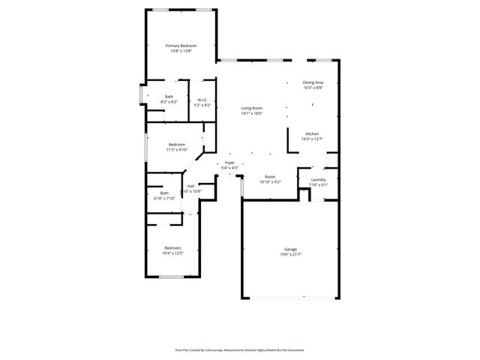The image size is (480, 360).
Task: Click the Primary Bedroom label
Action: [x=181, y=46]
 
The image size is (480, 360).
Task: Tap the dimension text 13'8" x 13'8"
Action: [x=181, y=51]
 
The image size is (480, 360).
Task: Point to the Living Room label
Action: [x=252, y=108]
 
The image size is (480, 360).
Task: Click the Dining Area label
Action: [x=313, y=82]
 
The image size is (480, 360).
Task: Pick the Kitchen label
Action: [x=311, y=133]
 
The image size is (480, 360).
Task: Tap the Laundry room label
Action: [x=318, y=180]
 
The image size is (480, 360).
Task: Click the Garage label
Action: [x=290, y=249]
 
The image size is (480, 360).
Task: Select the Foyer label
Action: [x=229, y=163]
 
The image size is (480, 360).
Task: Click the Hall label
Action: [x=190, y=186]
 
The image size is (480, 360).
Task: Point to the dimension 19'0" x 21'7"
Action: [x=290, y=254]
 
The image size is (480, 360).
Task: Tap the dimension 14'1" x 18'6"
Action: [x=252, y=113]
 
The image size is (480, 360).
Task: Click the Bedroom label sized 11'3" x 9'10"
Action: [x=177, y=144]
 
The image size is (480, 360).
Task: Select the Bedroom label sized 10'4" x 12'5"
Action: [x=173, y=247]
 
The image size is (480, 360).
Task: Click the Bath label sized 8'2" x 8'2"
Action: [x=169, y=96]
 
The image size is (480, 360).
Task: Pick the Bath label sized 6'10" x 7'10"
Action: [x=164, y=193]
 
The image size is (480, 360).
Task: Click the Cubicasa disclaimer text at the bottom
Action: [x=240, y=349]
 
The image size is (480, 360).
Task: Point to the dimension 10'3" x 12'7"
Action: [x=311, y=139]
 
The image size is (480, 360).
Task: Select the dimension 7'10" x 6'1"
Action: [x=318, y=185]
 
